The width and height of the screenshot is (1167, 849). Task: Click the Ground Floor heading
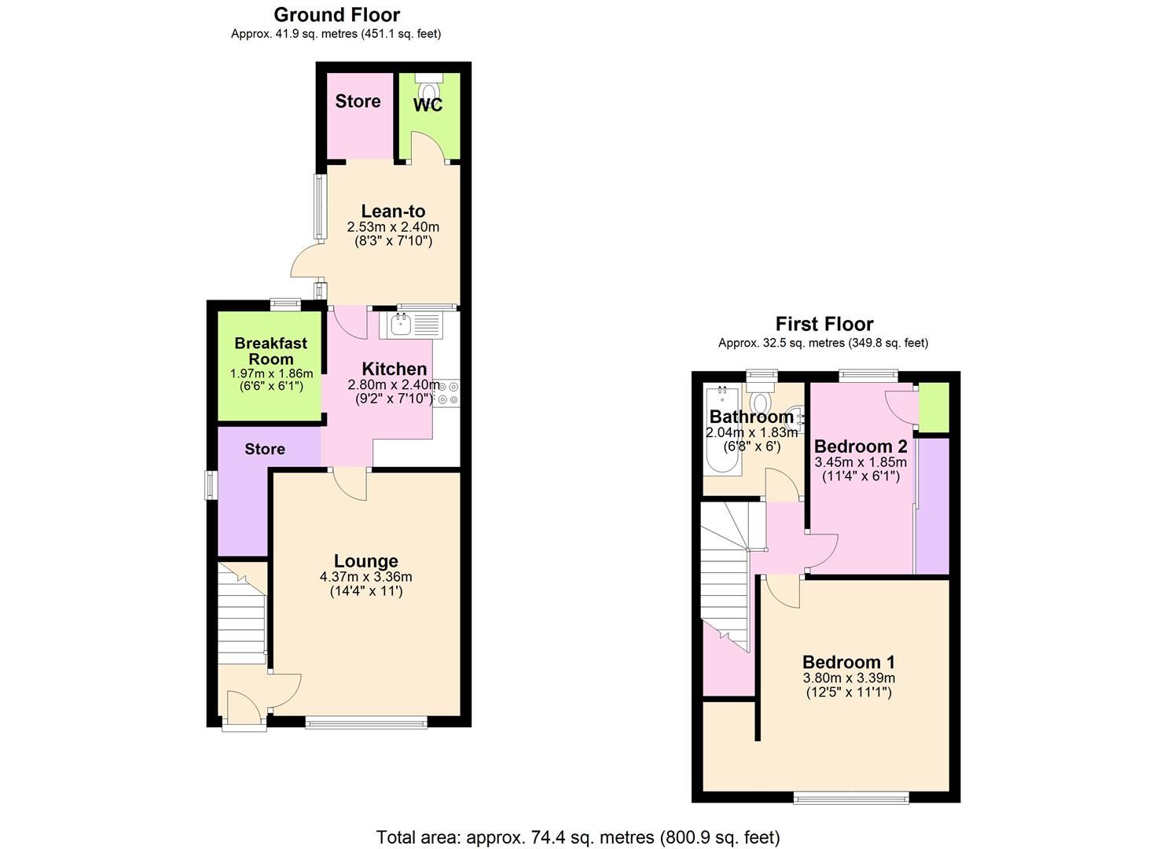pos(336,15)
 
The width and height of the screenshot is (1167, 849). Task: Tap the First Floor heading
pos(824,324)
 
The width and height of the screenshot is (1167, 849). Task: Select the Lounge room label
pos(365,561)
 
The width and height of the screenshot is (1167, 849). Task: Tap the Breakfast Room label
pos(270,351)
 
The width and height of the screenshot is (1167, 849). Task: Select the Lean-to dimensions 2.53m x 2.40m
pos(393,227)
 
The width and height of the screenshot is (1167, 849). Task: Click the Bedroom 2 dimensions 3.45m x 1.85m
pos(861,462)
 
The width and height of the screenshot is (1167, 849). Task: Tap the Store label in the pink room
pos(358,101)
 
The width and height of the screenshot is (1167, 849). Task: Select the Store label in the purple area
pos(265,449)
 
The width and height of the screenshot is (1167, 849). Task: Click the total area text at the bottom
pos(578,837)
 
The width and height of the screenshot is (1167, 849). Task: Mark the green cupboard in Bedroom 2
pos(934,407)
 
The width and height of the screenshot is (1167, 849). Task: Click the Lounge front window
pos(366,722)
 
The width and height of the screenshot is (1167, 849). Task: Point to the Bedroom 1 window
pos(851,798)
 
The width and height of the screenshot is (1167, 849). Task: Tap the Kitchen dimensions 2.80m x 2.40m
pos(393,385)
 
